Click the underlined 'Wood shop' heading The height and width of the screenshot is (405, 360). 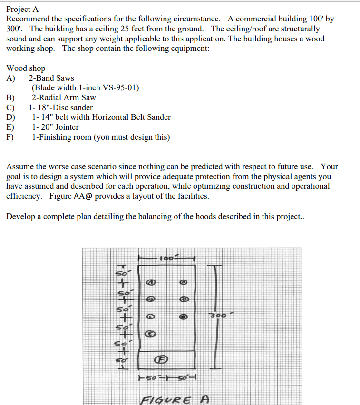tap(26, 68)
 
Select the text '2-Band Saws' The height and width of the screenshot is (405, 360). tap(51, 78)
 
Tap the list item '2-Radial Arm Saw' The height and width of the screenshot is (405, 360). tap(64, 98)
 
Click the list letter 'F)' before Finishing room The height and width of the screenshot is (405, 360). tap(10, 137)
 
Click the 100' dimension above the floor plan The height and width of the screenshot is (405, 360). tap(166, 258)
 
